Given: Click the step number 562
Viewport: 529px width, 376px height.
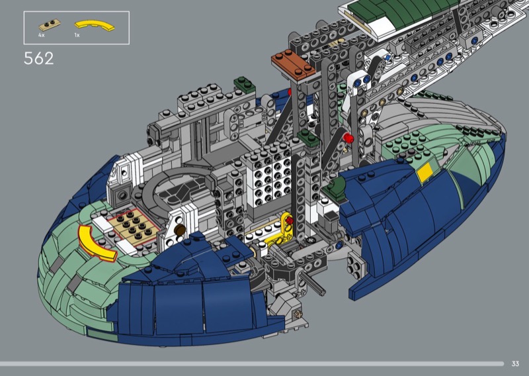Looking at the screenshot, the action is click(38, 58).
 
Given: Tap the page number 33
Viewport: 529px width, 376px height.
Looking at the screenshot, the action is click(515, 363).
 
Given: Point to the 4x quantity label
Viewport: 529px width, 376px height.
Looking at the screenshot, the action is click(42, 35).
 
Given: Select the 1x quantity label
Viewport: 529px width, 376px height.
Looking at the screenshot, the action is click(77, 35).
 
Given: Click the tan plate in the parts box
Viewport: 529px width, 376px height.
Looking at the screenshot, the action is click(50, 24).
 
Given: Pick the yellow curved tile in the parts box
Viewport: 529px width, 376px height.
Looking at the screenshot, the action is click(95, 26).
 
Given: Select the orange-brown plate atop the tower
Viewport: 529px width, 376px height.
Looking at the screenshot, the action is click(293, 65).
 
